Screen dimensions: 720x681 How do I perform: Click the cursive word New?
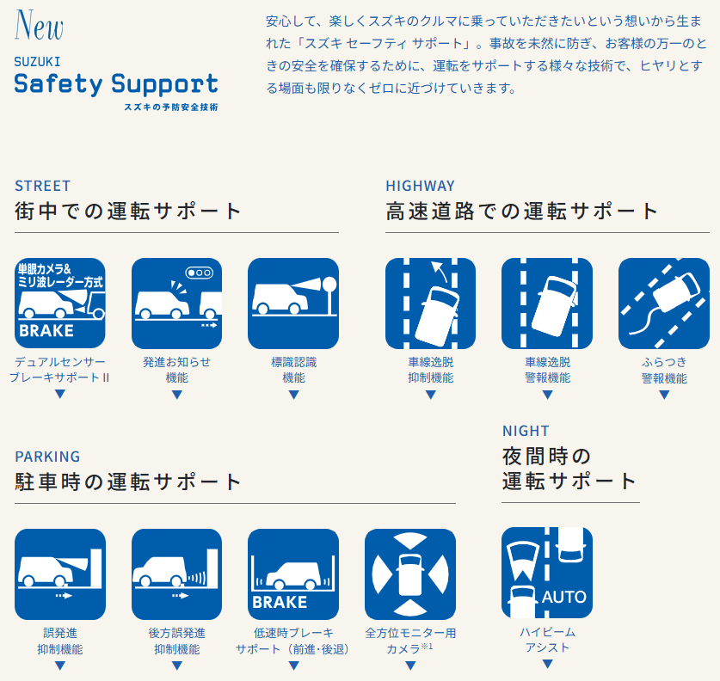click(x=39, y=25)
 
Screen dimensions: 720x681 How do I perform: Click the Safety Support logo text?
click(x=116, y=84)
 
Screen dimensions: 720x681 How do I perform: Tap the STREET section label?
click(x=43, y=186)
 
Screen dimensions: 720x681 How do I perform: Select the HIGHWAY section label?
click(x=420, y=186)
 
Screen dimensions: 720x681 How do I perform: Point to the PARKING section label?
click(x=47, y=457)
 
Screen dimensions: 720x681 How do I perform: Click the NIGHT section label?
click(x=526, y=431)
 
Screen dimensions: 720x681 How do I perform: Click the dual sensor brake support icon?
click(x=60, y=304)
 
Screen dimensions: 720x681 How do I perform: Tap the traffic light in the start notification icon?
click(x=200, y=273)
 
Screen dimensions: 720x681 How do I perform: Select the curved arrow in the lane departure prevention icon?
click(x=440, y=272)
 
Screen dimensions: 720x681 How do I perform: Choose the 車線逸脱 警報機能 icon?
click(x=547, y=304)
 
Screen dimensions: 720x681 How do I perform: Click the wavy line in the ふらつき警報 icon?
click(x=643, y=322)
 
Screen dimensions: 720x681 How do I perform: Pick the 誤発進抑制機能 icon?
click(x=60, y=574)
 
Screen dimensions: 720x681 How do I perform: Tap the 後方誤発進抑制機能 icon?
click(x=177, y=574)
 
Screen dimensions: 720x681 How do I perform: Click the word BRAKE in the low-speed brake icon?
click(x=280, y=602)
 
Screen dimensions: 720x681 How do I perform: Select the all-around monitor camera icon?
click(x=410, y=574)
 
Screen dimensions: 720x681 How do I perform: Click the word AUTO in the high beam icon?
click(x=564, y=597)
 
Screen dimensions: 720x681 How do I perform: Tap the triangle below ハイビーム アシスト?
click(x=547, y=664)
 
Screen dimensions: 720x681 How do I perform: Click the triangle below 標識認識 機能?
click(x=294, y=394)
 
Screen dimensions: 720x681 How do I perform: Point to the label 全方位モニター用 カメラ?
click(x=410, y=641)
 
